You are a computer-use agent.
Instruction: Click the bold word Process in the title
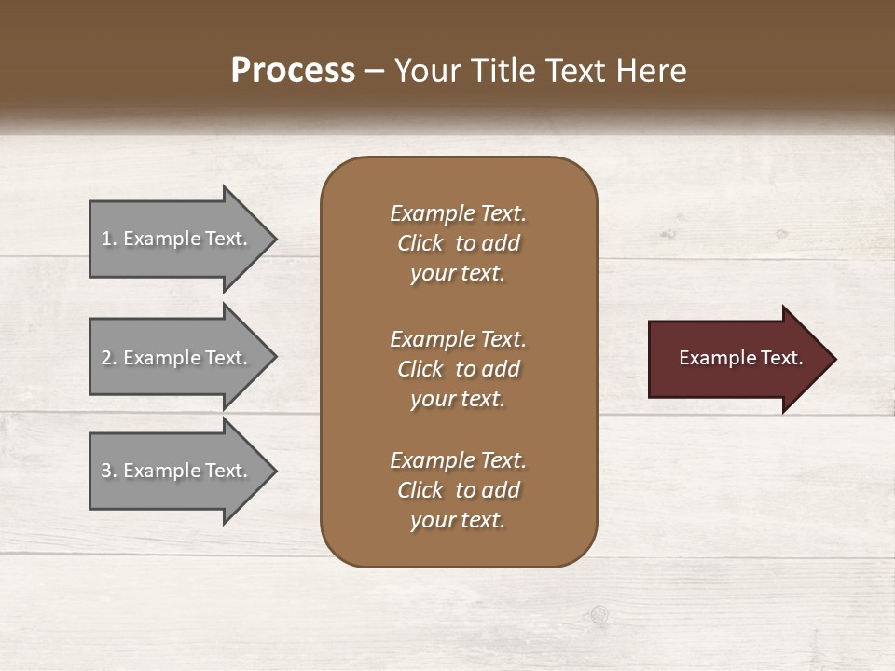(293, 71)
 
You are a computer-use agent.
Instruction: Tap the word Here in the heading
(652, 71)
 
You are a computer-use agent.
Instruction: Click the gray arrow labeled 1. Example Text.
(177, 239)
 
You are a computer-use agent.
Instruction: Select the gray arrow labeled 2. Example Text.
(177, 358)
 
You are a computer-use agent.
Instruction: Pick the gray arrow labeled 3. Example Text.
(177, 471)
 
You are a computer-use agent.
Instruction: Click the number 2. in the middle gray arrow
(109, 358)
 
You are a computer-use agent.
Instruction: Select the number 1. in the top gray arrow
(109, 239)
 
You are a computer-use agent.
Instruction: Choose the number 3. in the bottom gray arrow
(109, 471)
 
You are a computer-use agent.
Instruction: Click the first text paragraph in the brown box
(458, 243)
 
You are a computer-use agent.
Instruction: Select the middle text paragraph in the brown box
(458, 369)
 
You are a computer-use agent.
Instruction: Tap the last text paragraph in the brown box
(458, 490)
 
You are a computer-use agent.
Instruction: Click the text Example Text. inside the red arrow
(740, 358)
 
